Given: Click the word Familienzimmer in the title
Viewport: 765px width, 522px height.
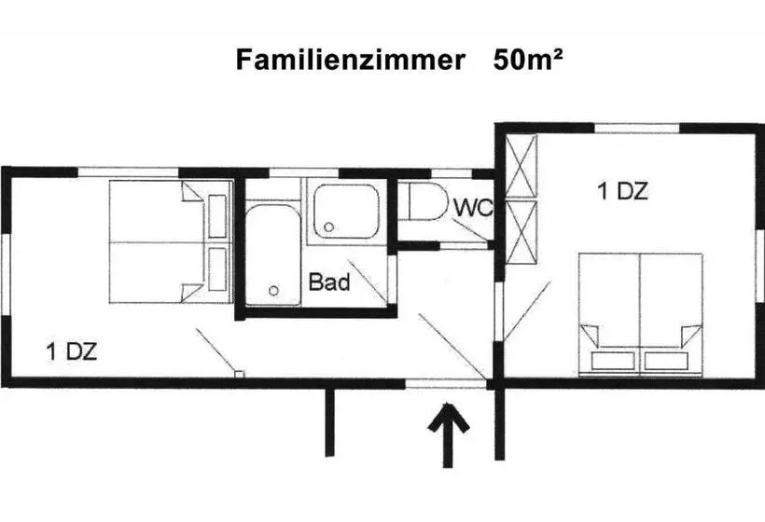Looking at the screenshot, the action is [x=350, y=60].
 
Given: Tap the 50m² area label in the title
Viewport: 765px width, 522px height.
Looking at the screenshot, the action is [x=528, y=60].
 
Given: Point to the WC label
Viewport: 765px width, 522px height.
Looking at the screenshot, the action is [x=473, y=208].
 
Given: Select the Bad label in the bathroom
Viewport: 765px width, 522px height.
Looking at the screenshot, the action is [x=329, y=282].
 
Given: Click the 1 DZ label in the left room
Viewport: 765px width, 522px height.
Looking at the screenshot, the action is [x=72, y=351].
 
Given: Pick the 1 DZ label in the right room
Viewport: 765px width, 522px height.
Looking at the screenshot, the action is [x=623, y=190].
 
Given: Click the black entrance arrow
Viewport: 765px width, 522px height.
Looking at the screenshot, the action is [x=449, y=434].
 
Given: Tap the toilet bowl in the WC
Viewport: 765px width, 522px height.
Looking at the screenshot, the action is [x=428, y=200].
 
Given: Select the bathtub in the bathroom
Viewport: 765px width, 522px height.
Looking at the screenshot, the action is [x=272, y=254].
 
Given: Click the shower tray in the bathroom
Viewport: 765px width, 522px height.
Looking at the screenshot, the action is [x=346, y=211].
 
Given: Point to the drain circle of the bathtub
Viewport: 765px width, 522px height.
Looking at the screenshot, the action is [x=273, y=291].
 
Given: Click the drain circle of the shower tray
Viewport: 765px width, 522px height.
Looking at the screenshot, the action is [x=328, y=227].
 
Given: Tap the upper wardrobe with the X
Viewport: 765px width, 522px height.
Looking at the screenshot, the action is [x=522, y=166].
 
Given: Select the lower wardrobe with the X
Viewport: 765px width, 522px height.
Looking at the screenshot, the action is [x=522, y=232].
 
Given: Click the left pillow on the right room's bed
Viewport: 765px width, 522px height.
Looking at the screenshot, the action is [x=612, y=361].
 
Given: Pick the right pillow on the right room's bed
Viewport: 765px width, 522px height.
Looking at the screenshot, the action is [x=666, y=361].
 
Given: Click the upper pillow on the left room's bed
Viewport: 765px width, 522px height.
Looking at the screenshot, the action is [x=217, y=216].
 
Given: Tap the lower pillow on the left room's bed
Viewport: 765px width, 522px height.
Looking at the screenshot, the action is [x=217, y=269].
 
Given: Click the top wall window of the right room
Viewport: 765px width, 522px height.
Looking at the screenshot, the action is [x=637, y=129].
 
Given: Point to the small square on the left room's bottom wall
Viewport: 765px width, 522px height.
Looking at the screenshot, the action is [x=239, y=374].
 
